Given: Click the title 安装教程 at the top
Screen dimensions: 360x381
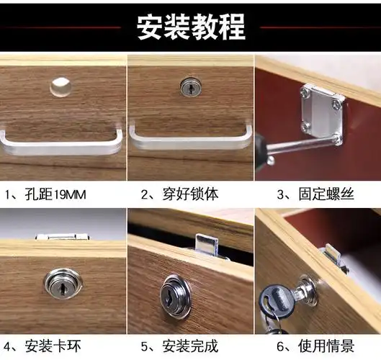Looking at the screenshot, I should (x=191, y=27).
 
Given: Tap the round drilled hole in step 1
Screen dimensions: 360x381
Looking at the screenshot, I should (x=60, y=87).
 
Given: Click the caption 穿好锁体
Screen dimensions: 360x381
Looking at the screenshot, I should (x=179, y=194).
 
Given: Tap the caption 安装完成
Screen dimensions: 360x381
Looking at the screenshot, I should (x=179, y=343).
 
